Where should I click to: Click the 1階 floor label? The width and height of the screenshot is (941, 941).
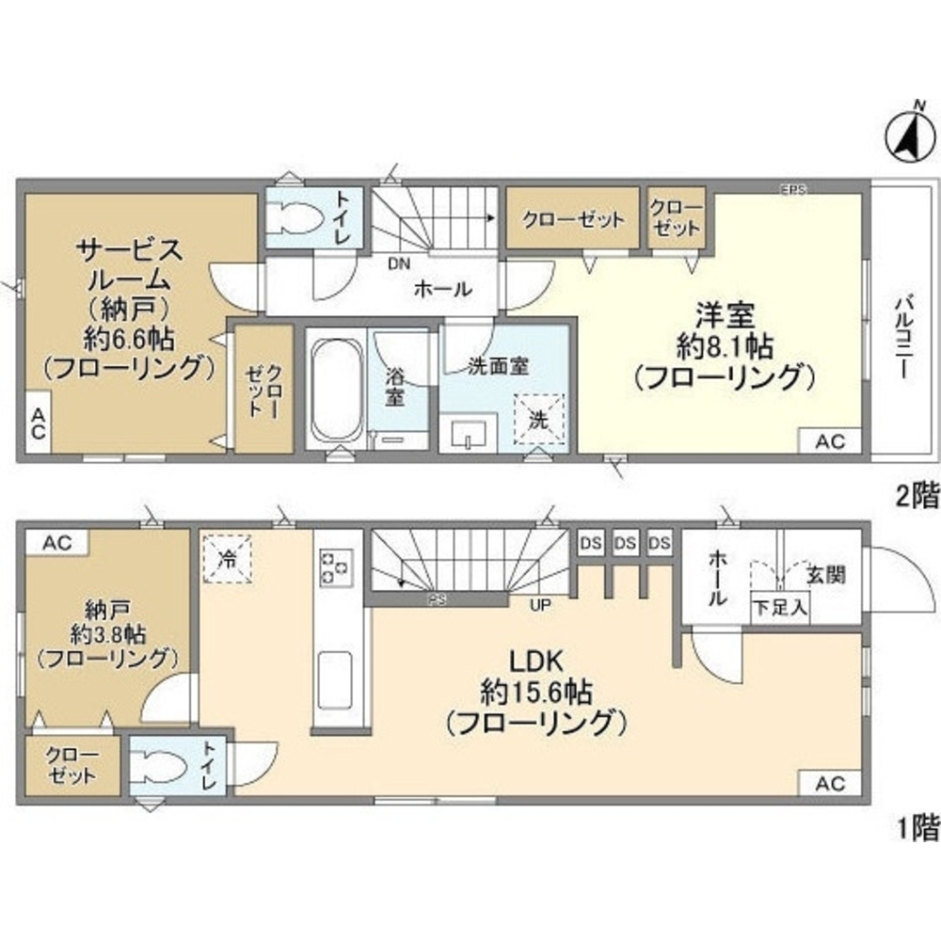click(916, 827)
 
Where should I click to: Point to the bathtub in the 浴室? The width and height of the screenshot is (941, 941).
click(336, 388)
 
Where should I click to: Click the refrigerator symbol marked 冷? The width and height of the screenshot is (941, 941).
click(226, 556)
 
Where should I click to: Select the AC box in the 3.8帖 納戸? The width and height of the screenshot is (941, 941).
click(56, 541)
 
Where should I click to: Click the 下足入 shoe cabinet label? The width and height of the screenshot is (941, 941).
click(779, 607)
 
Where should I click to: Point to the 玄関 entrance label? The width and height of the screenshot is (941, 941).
click(826, 574)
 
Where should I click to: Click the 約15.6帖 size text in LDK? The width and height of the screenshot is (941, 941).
click(536, 694)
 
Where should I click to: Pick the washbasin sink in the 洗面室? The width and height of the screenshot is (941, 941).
click(468, 434)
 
